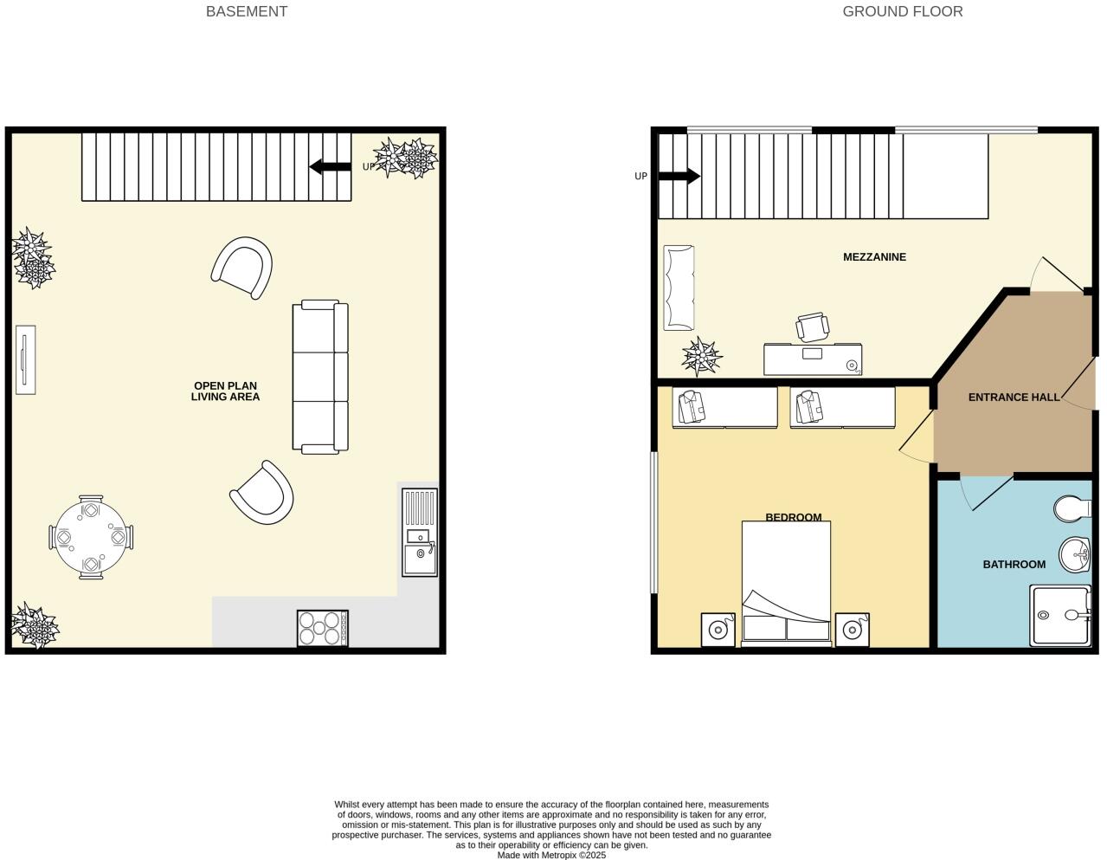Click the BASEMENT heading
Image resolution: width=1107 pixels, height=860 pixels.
coord(246,11)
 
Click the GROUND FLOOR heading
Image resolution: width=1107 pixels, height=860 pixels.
coord(902,11)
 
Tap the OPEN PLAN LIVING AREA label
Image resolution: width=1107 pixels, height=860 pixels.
coord(225,391)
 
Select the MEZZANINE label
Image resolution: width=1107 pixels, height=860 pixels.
coord(874,257)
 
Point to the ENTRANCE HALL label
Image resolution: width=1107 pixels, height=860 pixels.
coord(1014,398)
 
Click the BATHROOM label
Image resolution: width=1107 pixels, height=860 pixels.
coord(1014,565)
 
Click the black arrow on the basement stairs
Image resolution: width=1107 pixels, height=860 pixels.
coord(330,166)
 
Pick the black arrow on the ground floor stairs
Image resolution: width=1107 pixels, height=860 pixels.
coord(679,177)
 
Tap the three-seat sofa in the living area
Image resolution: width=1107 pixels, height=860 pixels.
coord(320,377)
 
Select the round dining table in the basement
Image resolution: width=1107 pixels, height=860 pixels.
coord(91,537)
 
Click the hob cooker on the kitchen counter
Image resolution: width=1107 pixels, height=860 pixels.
coord(322,628)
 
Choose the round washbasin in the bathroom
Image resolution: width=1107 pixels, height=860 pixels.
coord(1076,553)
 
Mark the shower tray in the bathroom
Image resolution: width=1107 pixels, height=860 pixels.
coord(1060,616)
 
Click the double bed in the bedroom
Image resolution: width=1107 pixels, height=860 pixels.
coord(786,583)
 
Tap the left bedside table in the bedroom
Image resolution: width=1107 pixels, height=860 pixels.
coord(718,630)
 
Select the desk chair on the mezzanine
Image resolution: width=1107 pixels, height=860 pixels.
coord(812,328)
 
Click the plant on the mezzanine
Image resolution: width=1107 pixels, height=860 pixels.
coord(701,356)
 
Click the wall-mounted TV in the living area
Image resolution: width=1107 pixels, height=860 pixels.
coord(25,359)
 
